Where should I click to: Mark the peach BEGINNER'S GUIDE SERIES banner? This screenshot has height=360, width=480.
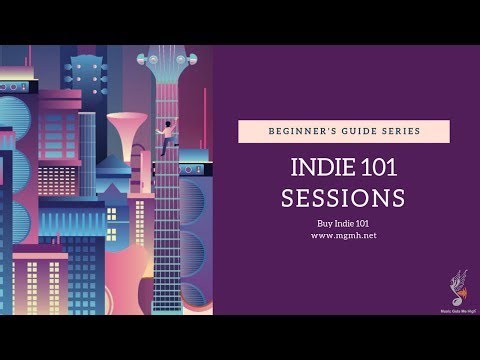343,131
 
